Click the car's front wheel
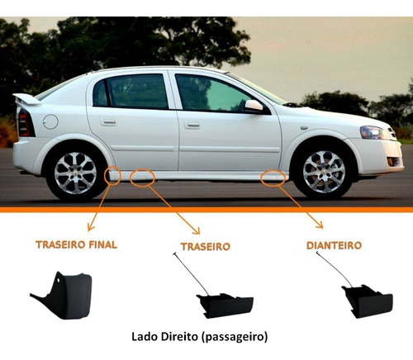324,172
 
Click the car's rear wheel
75,173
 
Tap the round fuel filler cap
50,121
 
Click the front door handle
192,126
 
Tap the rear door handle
108,122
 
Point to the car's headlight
374,132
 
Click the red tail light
25,123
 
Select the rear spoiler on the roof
26,99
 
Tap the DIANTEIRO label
334,245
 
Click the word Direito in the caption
179,337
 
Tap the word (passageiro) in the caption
235,337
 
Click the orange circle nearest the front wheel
273,178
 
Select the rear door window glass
131,92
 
